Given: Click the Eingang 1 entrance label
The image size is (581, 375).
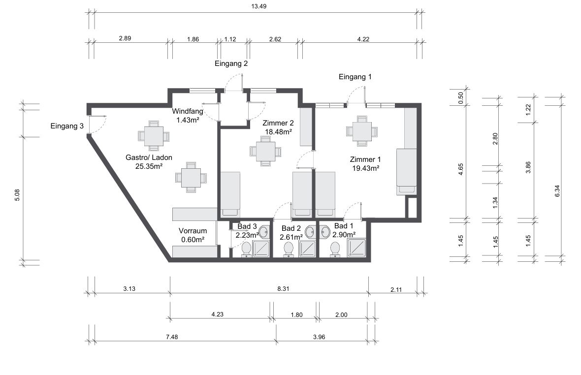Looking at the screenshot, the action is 355,77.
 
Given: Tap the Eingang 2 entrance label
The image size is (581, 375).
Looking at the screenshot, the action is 231,63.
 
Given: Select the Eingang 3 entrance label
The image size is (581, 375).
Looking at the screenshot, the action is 67,126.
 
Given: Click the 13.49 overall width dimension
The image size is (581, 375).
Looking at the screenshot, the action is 258,6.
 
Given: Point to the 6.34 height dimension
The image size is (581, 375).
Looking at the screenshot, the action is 557,190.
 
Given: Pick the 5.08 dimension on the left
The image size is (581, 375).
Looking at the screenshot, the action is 17,195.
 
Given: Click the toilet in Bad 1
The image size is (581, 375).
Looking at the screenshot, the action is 335,249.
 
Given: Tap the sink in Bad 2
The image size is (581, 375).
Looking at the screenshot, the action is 310,232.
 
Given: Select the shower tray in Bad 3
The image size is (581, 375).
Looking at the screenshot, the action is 261,249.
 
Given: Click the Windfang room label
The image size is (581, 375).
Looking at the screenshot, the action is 188,111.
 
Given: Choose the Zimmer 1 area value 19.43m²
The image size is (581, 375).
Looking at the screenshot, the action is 365,168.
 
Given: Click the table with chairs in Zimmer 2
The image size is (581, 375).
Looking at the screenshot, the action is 265,151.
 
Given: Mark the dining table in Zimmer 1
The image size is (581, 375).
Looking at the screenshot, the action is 362,131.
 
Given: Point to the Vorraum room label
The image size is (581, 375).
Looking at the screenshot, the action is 193,231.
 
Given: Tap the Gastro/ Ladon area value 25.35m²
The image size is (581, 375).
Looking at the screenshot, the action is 149,166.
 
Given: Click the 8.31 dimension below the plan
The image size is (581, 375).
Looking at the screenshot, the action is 283,289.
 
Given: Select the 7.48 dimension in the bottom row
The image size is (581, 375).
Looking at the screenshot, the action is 172,337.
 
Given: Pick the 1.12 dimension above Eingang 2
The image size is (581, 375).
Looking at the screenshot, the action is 230,39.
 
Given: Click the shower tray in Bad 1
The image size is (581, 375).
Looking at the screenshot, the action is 356,249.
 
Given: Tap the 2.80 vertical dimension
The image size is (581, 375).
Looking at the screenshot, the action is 495,139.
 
